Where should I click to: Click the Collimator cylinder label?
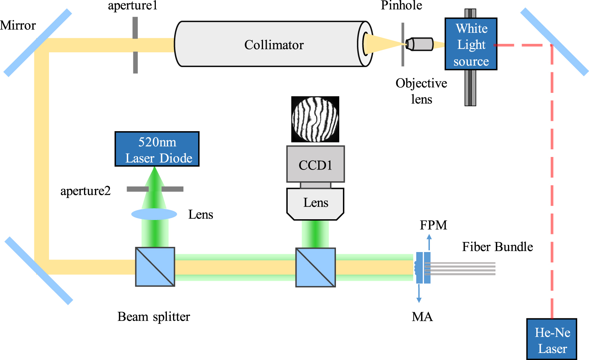[274, 45]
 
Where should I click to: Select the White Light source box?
[471, 44]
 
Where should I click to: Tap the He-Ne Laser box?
[552, 339]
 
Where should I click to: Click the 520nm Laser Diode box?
[157, 149]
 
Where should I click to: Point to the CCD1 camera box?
[315, 164]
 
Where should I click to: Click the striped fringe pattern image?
[315, 119]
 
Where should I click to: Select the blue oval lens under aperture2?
[154, 214]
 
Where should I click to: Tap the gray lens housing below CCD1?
[315, 204]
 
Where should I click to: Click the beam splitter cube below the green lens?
[155, 267]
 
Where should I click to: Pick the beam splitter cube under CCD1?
[315, 268]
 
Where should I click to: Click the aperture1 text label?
[133, 6]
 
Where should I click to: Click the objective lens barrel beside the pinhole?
[420, 44]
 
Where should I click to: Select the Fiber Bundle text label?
[497, 247]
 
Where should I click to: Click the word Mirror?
[18, 25]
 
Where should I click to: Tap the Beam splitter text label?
[154, 317]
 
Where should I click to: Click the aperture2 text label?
[85, 191]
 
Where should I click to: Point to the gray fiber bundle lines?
[460, 269]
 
